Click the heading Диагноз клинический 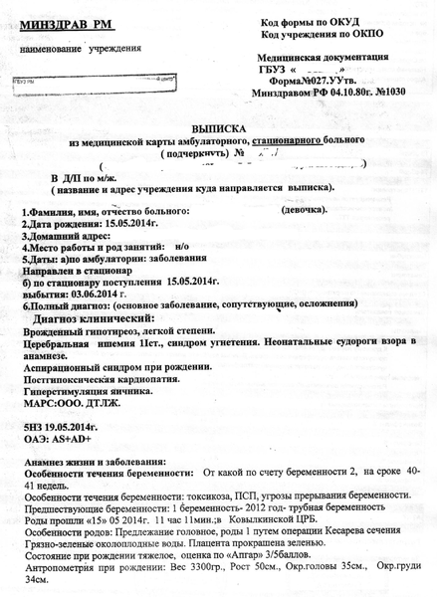tap(98, 321)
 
